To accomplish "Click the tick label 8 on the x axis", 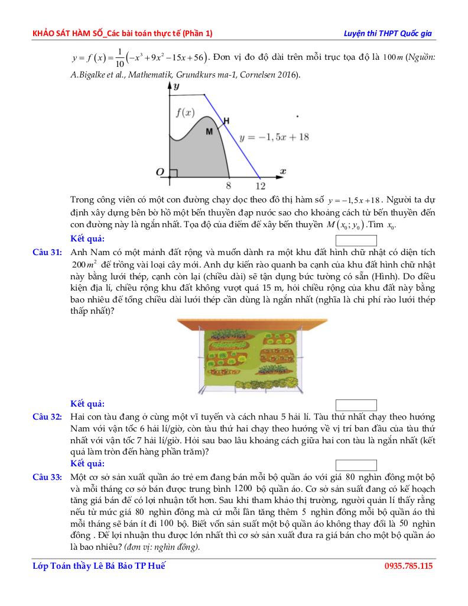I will (x=229, y=186).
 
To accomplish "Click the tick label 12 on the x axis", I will (x=260, y=186).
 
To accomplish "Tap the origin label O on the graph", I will (x=160, y=172).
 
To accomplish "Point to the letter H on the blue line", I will (x=226, y=121).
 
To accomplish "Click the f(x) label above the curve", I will (x=185, y=112).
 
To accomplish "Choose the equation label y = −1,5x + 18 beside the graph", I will (x=274, y=137).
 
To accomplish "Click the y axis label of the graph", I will (x=175, y=86).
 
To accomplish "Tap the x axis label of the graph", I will (x=283, y=170).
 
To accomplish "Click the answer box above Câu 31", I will (x=356, y=241).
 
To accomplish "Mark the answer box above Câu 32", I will (x=356, y=405).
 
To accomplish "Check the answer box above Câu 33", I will (x=356, y=465).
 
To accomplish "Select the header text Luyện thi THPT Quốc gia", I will (x=388, y=33).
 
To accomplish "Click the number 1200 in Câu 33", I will (x=243, y=489).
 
